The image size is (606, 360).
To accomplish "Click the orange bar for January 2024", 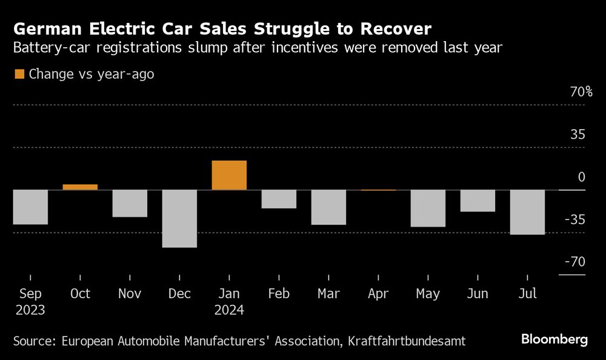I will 229,175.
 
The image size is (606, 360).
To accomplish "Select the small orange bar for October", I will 80,187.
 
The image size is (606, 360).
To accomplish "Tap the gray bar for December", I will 179,218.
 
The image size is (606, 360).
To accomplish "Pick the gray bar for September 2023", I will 30,207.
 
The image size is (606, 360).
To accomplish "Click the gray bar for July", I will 527,212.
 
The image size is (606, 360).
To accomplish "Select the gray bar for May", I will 428,208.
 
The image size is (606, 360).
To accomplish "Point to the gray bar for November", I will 130,203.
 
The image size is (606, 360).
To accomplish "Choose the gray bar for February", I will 279,199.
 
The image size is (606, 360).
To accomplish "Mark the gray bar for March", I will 328,207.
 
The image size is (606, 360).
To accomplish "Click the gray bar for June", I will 478,201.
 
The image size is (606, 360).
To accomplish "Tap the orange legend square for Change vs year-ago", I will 19,75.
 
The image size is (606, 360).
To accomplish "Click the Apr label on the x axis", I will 378,294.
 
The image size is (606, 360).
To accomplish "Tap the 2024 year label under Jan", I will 228,310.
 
